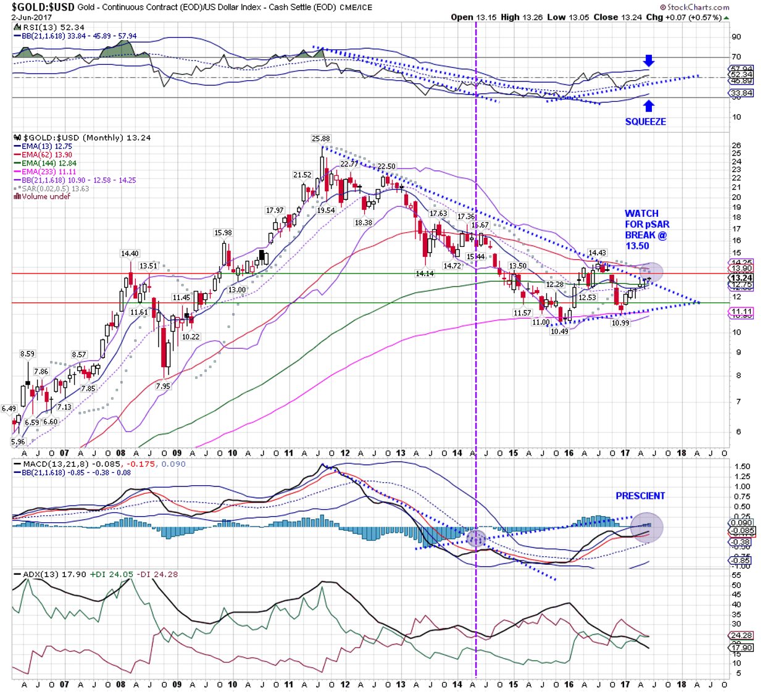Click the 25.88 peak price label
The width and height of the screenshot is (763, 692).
point(320,139)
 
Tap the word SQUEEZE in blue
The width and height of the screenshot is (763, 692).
point(645,122)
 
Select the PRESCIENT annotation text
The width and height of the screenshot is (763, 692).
point(640,496)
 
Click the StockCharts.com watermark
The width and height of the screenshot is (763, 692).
point(694,7)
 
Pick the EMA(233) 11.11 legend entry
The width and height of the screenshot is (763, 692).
point(49,172)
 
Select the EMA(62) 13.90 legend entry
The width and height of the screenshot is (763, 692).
point(47,155)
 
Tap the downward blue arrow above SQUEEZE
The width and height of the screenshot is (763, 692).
point(648,60)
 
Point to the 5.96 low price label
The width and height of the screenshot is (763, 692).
point(19,442)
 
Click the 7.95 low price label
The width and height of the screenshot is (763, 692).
point(163,386)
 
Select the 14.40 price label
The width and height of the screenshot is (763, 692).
point(130,254)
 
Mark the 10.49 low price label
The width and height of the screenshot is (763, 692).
point(559,331)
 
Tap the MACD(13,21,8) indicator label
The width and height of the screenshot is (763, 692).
point(56,464)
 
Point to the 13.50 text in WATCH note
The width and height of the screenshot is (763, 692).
point(637,246)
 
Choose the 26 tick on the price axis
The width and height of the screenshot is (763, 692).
point(736,146)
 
